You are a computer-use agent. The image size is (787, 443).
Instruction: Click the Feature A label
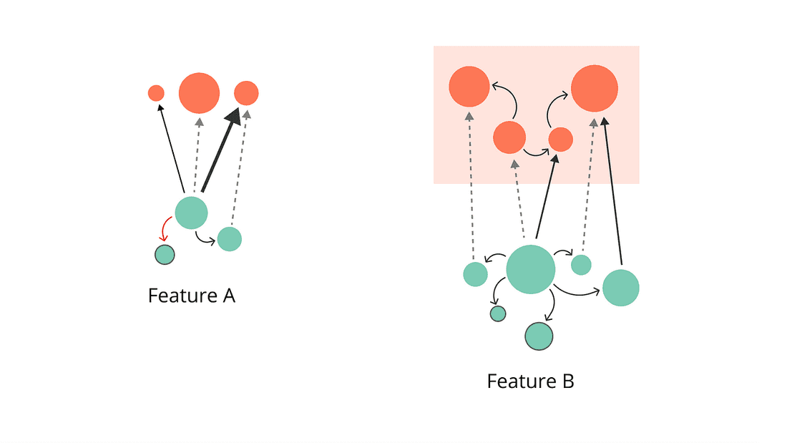[x=191, y=296]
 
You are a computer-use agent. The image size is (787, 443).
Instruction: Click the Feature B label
[x=530, y=381]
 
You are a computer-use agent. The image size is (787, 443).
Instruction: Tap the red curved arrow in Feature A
[x=164, y=230]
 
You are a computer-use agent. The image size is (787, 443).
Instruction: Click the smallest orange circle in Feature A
[x=156, y=93]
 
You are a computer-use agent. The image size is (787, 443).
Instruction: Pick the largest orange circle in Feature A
[x=199, y=93]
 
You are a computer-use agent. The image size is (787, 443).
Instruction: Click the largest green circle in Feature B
[x=530, y=269]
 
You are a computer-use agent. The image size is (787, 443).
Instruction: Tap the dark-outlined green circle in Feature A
[x=165, y=254]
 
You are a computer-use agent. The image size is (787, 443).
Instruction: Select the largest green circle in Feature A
[x=192, y=213]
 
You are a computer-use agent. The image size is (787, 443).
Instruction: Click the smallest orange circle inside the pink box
[x=560, y=140]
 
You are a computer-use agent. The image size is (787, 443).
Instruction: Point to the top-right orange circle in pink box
[x=594, y=88]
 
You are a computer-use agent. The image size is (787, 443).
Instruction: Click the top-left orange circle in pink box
[x=469, y=87]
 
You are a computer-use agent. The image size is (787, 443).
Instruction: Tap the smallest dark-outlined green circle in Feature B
[x=498, y=313]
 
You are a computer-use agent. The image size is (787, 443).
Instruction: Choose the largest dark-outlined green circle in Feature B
[x=539, y=336]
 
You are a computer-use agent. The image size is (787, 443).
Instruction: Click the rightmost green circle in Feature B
[x=620, y=288]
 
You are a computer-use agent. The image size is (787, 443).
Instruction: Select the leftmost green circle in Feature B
[x=475, y=273]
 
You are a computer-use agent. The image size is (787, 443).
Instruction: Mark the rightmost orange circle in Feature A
[x=246, y=93]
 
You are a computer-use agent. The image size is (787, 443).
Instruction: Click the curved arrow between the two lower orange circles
[x=535, y=152]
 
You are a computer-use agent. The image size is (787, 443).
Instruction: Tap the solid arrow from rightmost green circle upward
[x=614, y=193]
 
